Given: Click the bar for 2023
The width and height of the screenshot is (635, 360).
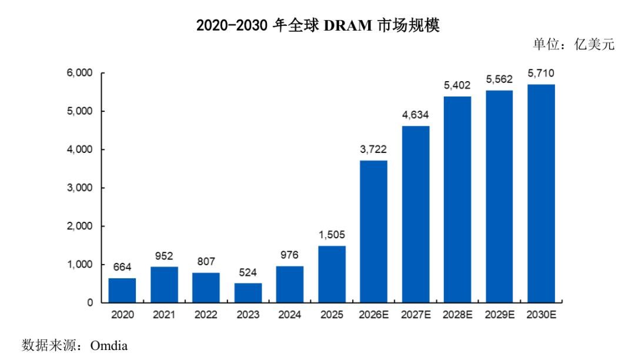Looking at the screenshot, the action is point(248,292).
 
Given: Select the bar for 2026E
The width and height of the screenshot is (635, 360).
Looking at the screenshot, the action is point(373,231).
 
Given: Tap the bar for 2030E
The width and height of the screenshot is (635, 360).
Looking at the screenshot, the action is point(541,193).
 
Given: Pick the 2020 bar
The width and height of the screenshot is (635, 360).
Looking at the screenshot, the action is point(122,290).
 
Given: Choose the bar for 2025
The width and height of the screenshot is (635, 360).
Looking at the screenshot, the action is point(332,274).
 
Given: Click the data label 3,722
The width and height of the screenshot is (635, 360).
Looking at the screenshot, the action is point(373,149).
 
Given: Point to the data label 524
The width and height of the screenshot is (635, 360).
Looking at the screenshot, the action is point(248,272).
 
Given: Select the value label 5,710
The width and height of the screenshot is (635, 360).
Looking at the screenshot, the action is point(541,74).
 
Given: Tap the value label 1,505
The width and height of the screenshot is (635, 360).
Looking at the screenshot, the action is point(332,235).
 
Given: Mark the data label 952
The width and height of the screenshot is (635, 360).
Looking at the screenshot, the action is point(164,256).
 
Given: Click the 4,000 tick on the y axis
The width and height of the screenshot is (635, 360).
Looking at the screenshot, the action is point(80,149).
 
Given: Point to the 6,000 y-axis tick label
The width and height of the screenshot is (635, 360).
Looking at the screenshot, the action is point(80,73).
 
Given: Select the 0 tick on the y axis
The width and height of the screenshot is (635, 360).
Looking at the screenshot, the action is point(90,302).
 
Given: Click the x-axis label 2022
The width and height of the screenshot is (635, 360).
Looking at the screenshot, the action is point(206,315).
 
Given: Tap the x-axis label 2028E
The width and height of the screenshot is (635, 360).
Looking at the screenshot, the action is point(457,315).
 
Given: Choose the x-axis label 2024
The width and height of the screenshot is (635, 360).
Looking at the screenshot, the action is point(289,315).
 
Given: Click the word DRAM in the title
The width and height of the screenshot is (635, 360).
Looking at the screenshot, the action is point(348,25).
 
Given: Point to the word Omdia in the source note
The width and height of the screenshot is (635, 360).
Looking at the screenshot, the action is point(109,346).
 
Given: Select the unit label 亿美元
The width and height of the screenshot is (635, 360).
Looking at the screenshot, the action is point(594,44).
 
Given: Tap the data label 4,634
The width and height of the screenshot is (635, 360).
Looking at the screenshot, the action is point(416,115).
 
